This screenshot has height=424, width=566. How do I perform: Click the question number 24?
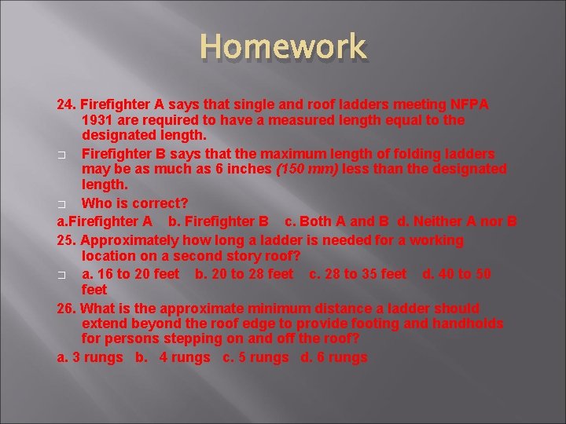65,105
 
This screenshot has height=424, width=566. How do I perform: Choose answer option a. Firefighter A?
105,221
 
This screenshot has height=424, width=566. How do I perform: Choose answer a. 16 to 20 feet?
130,273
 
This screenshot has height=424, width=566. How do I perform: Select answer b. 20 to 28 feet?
244,273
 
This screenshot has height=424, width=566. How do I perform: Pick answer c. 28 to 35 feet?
358,273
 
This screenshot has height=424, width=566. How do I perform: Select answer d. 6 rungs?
334,357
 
